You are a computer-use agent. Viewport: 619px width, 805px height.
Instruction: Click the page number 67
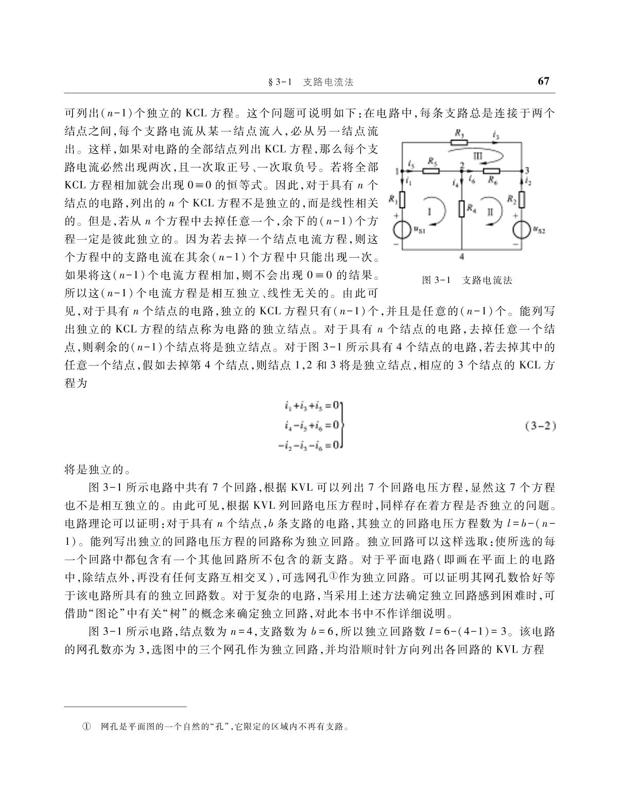543,81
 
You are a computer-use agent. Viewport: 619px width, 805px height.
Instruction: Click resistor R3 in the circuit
459,142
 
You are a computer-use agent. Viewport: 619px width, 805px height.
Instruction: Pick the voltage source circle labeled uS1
402,229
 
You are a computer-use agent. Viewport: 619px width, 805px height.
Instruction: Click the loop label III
477,155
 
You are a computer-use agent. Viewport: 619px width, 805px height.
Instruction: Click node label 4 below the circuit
462,256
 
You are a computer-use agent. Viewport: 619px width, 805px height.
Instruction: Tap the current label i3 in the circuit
496,135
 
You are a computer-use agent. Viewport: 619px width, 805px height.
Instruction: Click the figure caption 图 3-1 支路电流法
467,280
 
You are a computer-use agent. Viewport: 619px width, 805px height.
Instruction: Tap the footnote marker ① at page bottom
87,727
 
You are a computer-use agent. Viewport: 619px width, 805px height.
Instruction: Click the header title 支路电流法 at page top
328,82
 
